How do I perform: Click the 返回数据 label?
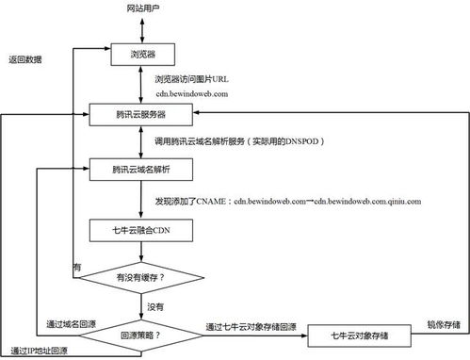tap(25, 59)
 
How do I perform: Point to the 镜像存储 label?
tap(442, 325)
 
